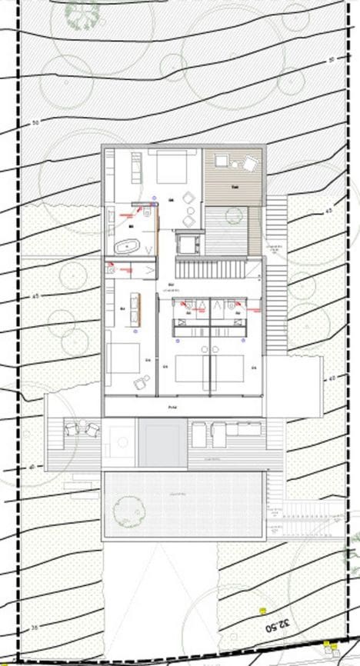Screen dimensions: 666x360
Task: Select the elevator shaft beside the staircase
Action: [x=187, y=242]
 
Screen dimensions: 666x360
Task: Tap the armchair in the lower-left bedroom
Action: [x=141, y=382]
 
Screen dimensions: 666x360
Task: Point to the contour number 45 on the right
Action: [x=328, y=211]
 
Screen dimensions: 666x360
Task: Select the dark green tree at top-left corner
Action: [x=82, y=9]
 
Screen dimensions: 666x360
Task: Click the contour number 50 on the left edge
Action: [x=35, y=123]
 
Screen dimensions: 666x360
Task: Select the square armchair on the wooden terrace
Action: [x=250, y=163]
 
